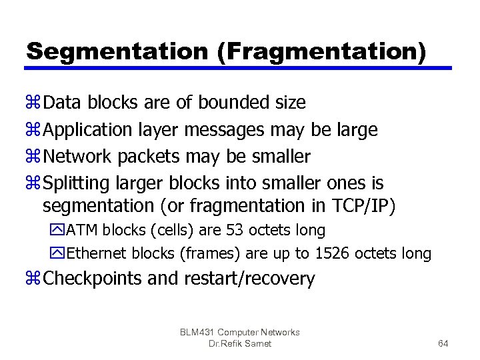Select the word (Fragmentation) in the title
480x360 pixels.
(x=321, y=51)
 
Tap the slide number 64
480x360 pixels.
(x=443, y=343)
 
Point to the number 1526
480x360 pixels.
(x=331, y=254)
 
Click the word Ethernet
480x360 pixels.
(x=97, y=254)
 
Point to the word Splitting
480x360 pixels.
(x=75, y=182)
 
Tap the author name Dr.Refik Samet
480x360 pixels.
(x=240, y=343)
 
